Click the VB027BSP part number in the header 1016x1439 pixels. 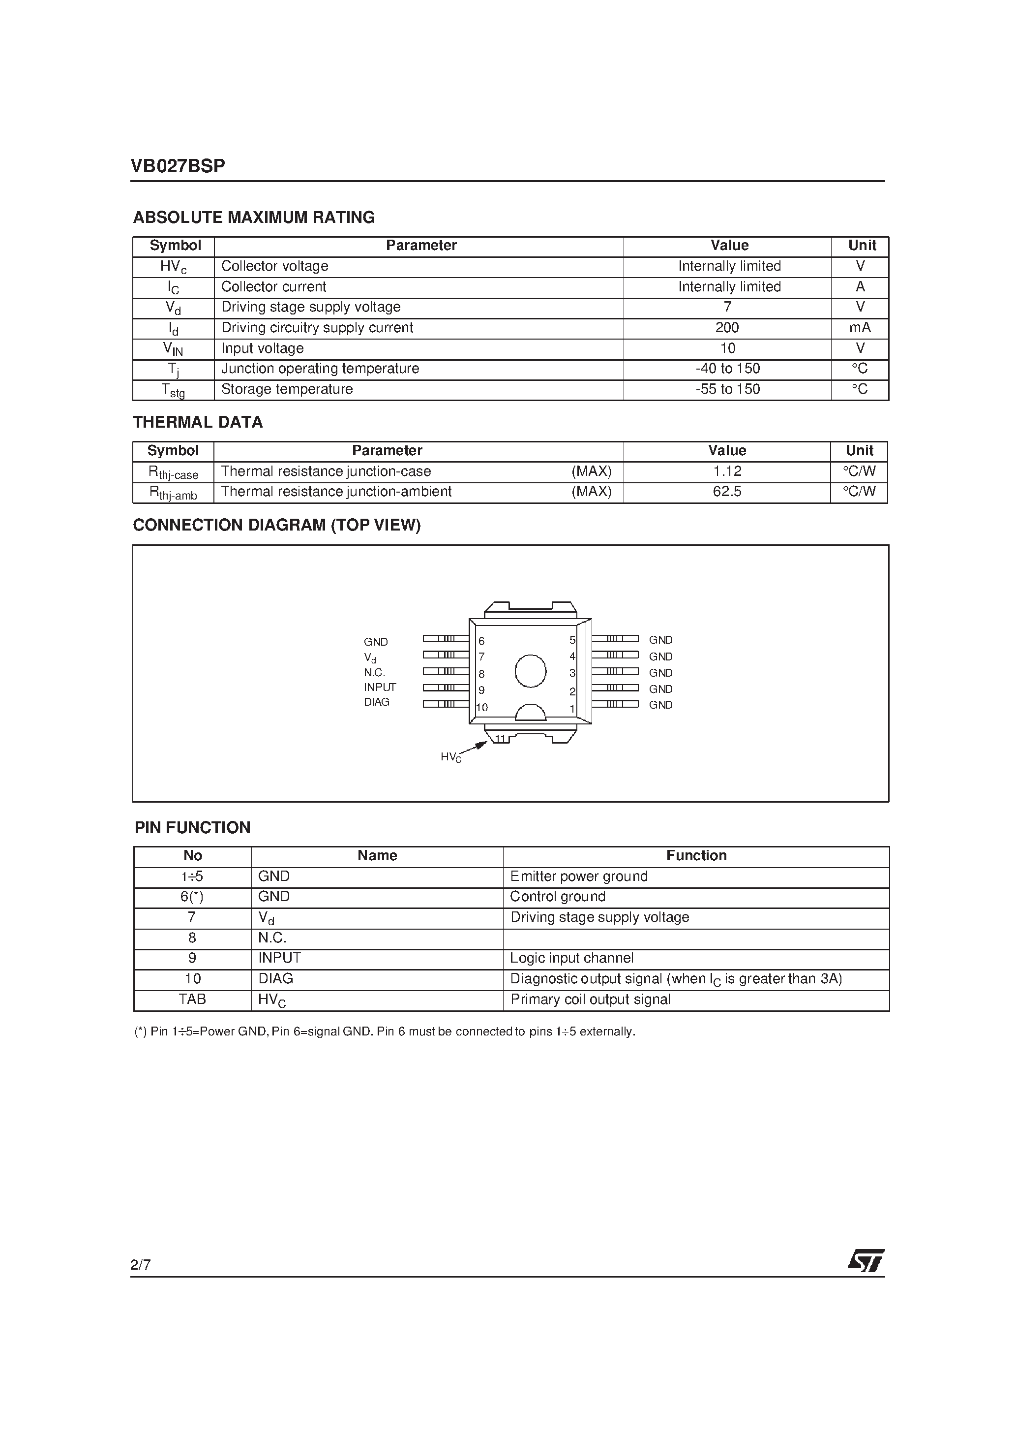178,166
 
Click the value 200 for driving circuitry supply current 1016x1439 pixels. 727,328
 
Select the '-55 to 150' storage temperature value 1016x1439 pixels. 727,389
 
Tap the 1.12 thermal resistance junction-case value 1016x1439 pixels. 727,471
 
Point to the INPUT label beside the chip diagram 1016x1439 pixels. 380,687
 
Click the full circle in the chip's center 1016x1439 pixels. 530,671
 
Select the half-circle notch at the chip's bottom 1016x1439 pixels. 530,712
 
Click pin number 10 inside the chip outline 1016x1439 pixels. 482,708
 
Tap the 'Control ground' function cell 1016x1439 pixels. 558,897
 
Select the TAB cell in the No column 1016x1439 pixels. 192,999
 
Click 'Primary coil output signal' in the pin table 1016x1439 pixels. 590,999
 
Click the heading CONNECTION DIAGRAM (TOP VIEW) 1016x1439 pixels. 276,525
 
